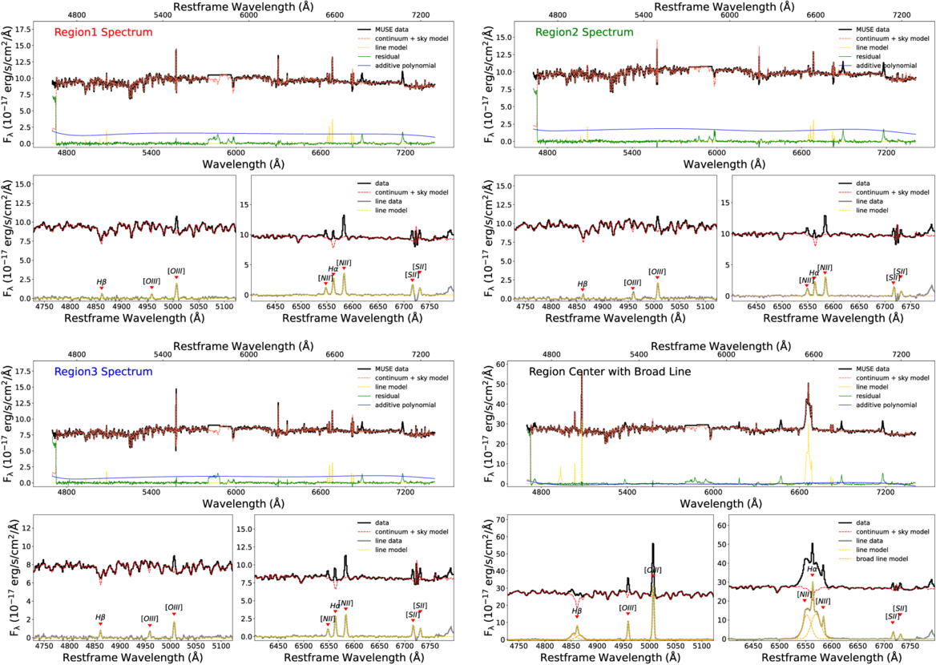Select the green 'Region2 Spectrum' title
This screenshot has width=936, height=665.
(584, 33)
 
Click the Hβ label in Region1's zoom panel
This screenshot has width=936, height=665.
(102, 282)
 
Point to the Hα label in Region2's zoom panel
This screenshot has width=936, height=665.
(814, 272)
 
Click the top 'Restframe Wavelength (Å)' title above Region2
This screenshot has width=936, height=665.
(730, 6)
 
